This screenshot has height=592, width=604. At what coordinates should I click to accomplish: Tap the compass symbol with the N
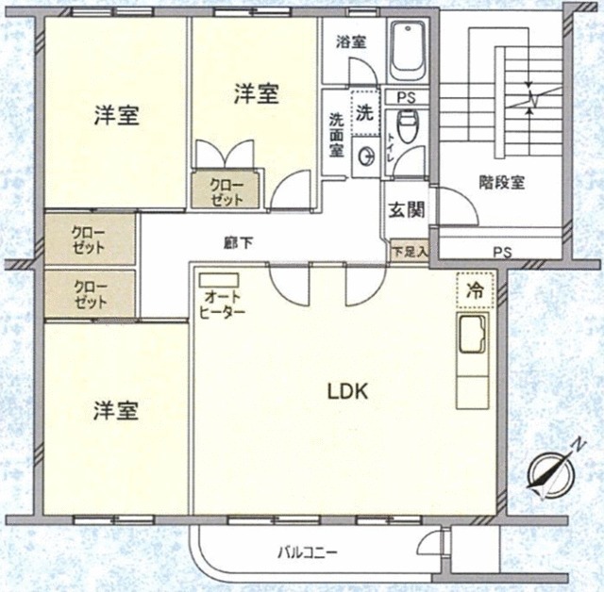pyautogui.click(x=548, y=474)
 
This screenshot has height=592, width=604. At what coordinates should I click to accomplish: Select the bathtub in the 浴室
pyautogui.click(x=410, y=49)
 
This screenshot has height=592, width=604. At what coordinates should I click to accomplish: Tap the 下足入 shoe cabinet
pyautogui.click(x=410, y=252)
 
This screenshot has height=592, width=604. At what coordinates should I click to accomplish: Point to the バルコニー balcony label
pyautogui.click(x=307, y=551)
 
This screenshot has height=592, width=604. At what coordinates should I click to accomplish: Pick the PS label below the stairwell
pyautogui.click(x=501, y=251)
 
